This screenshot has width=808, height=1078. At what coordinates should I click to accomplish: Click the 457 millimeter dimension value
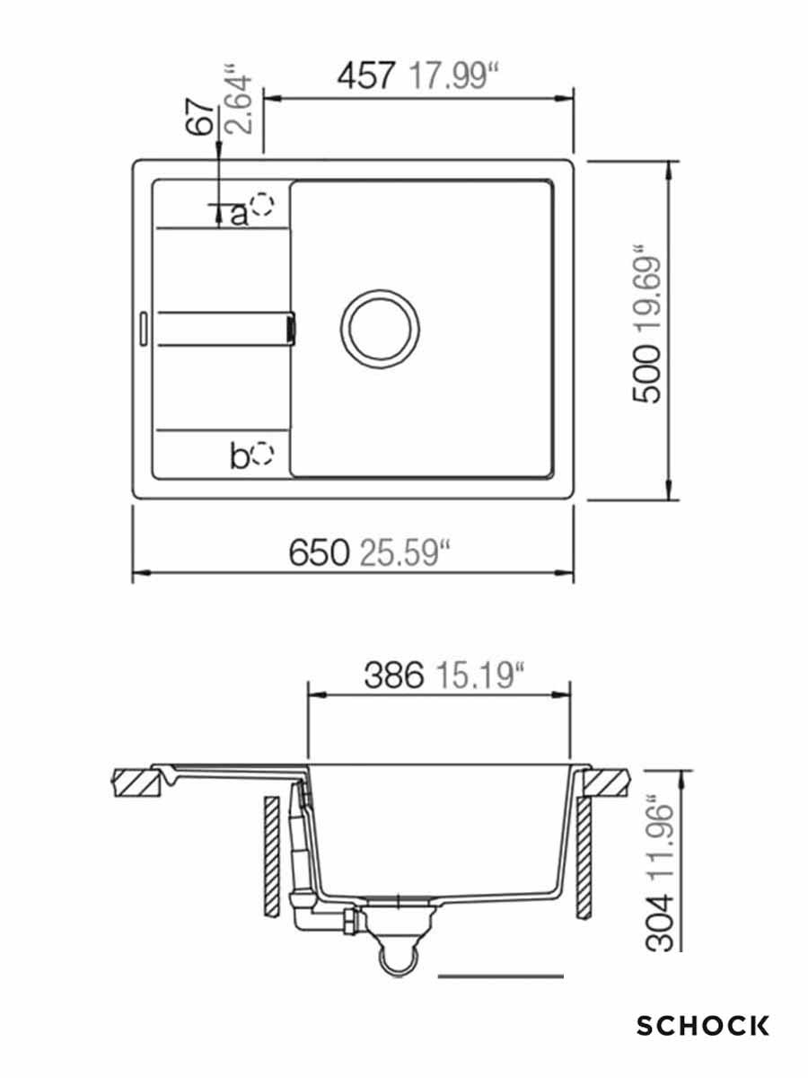365,76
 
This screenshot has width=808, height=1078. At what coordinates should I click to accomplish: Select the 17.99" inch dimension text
453,76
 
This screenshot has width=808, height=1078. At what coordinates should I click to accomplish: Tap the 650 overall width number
319,552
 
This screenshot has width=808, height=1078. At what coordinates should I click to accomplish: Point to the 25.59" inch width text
404,552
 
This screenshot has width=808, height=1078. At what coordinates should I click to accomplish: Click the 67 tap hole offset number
202,117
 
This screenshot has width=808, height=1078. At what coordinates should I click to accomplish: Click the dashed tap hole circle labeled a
262,205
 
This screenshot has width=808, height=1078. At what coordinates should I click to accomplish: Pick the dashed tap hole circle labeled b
262,455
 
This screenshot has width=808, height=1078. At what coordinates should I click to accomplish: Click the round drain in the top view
380,328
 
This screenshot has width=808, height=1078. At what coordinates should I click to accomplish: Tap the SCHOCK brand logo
702,1025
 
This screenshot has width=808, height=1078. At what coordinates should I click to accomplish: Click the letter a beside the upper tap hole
239,215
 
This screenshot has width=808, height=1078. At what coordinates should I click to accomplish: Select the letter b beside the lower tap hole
239,457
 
